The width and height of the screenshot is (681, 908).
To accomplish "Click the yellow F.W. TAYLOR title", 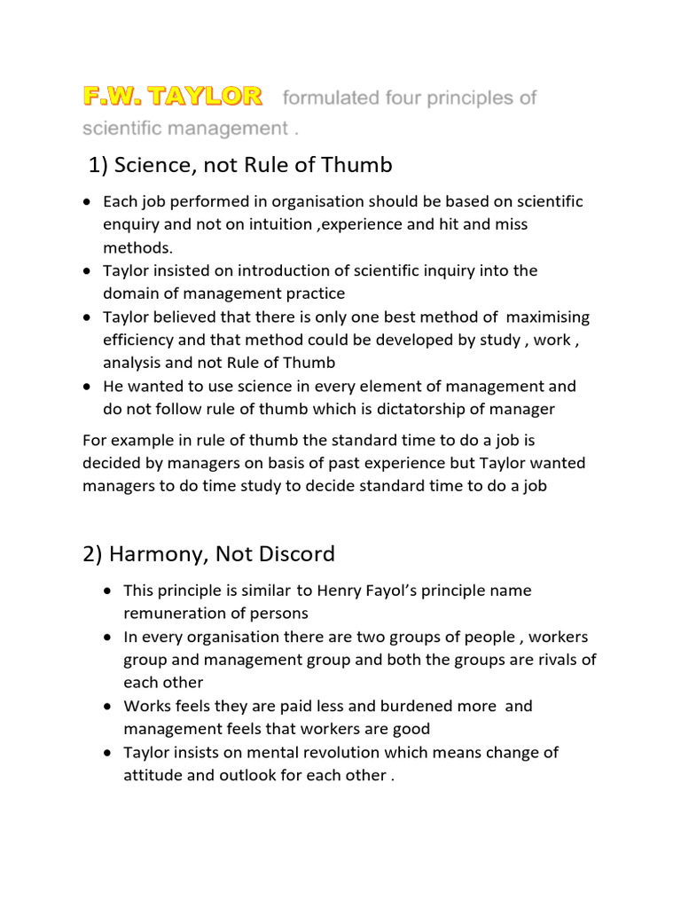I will point(172,95).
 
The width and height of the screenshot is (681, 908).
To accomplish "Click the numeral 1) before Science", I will point(101,166).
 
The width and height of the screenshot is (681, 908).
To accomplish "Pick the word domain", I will point(130,294).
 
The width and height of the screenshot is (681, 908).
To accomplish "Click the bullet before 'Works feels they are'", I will point(106,706).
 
